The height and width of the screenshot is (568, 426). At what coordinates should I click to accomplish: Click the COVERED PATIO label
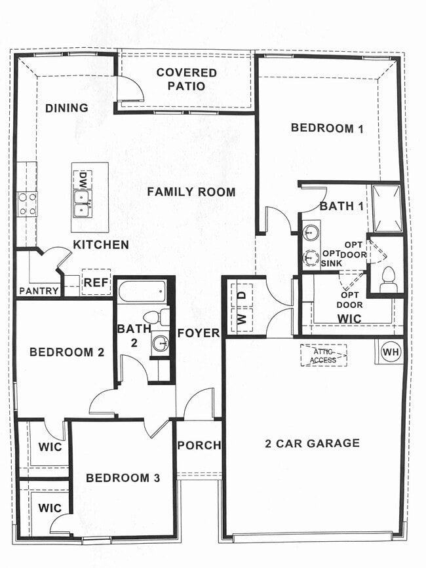(x=186, y=79)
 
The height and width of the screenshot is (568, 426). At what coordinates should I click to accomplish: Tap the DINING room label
(x=67, y=108)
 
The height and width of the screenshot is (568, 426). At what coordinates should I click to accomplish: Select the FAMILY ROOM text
(x=191, y=192)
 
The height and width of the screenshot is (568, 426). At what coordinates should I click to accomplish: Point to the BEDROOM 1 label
(x=327, y=128)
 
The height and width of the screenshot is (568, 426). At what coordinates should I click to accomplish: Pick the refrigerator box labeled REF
(x=96, y=283)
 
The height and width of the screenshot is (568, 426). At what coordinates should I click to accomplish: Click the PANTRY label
(x=39, y=290)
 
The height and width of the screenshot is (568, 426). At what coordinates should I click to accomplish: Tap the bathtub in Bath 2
(x=141, y=291)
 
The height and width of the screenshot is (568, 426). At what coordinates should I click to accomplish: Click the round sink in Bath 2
(x=160, y=343)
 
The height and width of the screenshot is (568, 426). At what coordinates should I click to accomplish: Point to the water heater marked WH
(x=391, y=352)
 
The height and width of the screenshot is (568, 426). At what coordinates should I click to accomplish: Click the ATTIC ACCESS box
(x=324, y=355)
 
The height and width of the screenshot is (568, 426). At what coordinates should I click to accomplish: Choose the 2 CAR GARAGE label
(x=312, y=444)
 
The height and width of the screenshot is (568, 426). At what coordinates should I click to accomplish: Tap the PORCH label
(x=199, y=445)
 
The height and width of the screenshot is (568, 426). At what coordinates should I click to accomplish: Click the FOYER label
(x=198, y=333)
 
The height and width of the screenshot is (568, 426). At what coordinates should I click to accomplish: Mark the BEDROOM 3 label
(x=123, y=478)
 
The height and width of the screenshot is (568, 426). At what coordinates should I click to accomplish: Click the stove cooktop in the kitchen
(x=27, y=203)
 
